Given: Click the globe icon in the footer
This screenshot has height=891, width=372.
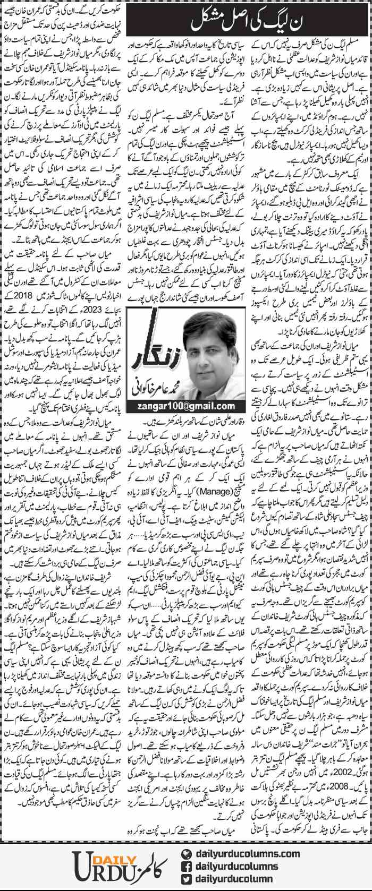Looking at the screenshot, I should (x=187, y=854).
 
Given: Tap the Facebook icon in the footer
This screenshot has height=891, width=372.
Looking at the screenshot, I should (x=187, y=866).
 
